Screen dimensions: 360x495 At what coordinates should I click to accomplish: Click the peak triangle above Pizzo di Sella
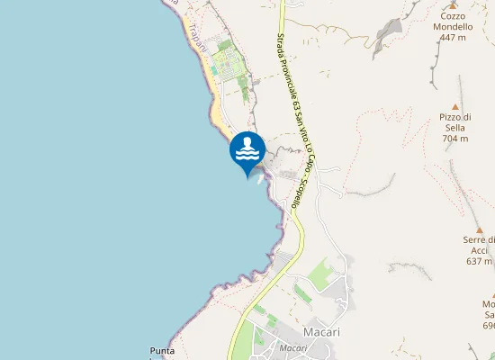pos(455,106)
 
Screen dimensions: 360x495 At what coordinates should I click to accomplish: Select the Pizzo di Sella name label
pos(455,122)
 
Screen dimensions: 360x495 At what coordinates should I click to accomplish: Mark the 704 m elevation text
pos(455,139)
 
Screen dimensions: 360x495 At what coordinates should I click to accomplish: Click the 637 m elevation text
pos(480,261)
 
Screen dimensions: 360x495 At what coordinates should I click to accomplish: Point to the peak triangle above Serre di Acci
pos(480,230)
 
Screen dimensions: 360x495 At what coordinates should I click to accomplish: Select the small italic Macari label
pos(294,347)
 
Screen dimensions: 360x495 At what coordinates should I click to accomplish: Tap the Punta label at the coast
pos(164,349)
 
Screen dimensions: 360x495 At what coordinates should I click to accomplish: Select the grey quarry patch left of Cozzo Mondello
pos(389,35)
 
